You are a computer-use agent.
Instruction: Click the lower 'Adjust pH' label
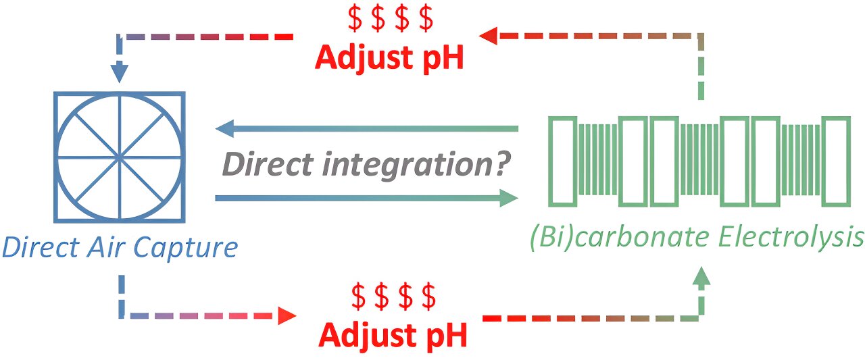(x=393, y=334)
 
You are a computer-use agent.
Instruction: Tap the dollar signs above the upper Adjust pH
(x=390, y=20)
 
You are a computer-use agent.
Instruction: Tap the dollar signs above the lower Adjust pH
(x=394, y=296)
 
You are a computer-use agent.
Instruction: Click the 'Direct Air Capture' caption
(x=120, y=247)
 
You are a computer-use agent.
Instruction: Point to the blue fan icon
(x=120, y=157)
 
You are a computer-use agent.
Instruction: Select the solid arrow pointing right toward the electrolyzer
(x=365, y=198)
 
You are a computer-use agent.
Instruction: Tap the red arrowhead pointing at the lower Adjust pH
(x=287, y=315)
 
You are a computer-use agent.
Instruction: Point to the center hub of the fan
(x=120, y=157)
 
